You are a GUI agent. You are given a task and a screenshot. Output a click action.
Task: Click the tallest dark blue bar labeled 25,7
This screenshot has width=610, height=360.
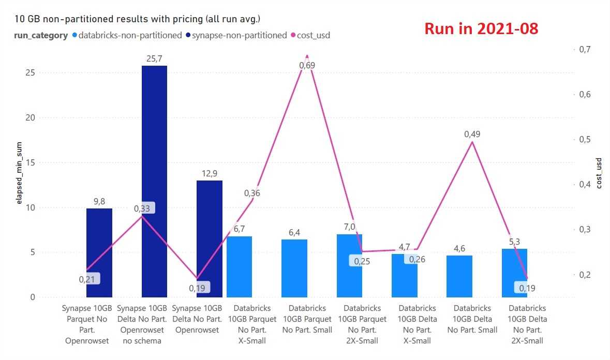tap(154, 181)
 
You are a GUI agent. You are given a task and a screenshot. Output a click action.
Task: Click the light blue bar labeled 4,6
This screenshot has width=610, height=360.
tap(459, 276)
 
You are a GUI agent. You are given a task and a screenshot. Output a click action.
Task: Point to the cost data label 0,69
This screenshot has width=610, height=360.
tap(307, 65)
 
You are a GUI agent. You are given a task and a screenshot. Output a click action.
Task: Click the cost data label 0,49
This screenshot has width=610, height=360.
tap(472, 134)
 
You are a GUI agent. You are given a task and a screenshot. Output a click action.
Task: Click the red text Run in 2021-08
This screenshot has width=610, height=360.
tap(481, 29)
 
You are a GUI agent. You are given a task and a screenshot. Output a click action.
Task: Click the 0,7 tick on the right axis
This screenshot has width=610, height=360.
tap(585, 49)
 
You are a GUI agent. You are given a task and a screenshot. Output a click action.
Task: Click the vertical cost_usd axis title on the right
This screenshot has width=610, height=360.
tap(599, 174)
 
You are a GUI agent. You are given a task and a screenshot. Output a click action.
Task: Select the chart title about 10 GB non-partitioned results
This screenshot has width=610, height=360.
tap(138, 20)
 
